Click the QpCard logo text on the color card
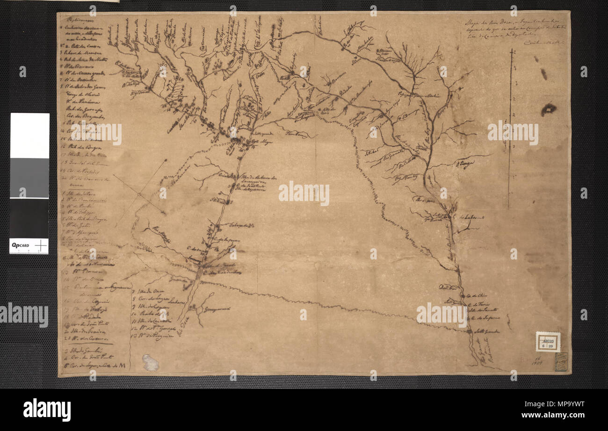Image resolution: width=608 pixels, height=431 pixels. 21,244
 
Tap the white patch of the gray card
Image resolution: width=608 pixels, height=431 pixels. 29,135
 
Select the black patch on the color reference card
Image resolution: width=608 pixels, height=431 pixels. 29,218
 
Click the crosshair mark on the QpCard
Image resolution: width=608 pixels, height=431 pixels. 41,245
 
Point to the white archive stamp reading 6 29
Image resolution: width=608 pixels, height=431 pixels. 548,342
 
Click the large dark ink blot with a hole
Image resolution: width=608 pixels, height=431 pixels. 548,109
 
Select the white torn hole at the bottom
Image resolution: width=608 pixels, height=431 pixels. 150,362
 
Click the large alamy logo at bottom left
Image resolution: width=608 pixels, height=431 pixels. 47,410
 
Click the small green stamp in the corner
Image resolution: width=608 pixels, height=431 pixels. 561,361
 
